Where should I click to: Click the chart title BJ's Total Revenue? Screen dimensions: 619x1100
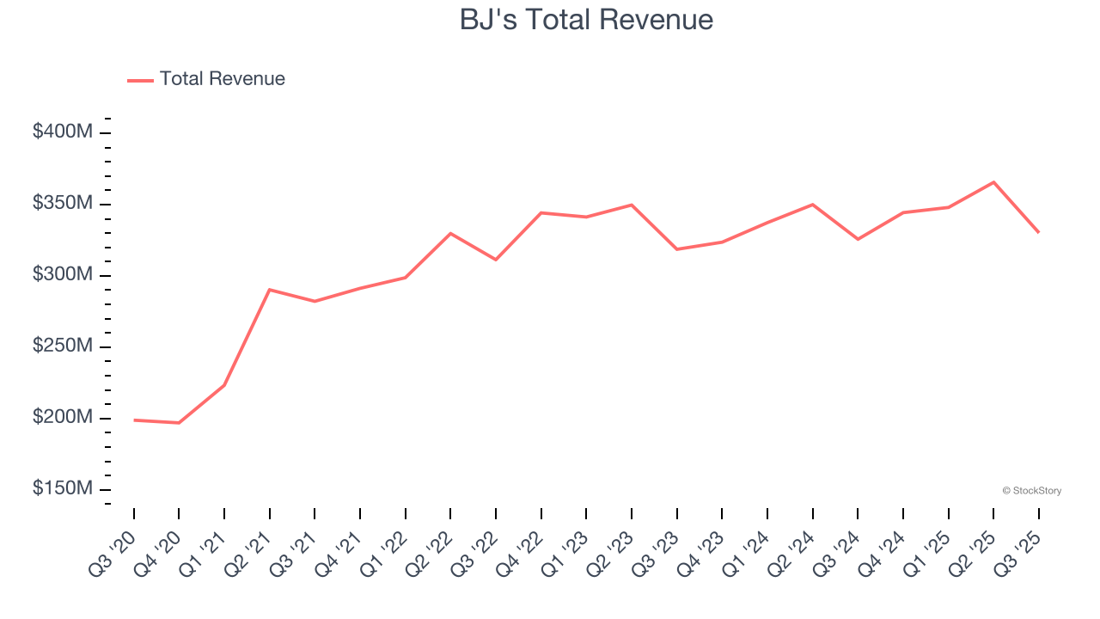click(x=586, y=19)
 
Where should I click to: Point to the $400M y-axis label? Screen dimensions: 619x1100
click(x=63, y=132)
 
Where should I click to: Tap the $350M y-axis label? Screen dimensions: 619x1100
click(x=63, y=204)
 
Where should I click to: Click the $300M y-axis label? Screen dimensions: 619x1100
click(x=63, y=275)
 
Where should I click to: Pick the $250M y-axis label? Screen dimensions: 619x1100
click(x=63, y=346)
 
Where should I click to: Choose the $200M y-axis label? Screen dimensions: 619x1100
click(x=63, y=418)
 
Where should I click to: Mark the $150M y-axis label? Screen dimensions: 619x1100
click(x=63, y=489)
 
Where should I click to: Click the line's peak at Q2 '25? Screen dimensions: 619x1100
click(x=993, y=182)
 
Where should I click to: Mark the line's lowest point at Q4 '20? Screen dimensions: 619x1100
click(x=179, y=423)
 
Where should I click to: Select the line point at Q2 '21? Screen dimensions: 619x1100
click(x=270, y=290)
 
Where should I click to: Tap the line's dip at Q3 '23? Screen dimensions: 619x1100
click(x=677, y=249)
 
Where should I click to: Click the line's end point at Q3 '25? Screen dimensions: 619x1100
click(x=1038, y=232)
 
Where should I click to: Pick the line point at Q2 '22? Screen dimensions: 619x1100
click(x=450, y=233)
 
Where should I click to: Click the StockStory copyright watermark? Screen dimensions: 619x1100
click(x=1031, y=491)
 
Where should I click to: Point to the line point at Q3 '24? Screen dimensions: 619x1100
click(x=858, y=239)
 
